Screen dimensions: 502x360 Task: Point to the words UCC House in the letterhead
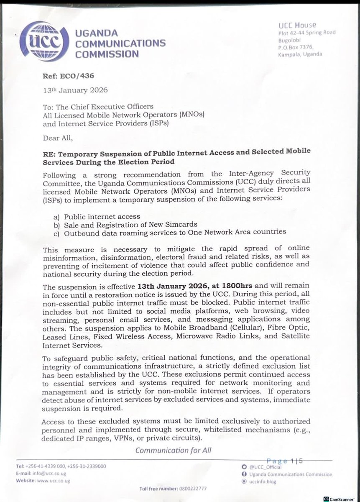[x=298, y=26]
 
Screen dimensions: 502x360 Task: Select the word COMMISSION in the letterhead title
[x=107, y=54]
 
